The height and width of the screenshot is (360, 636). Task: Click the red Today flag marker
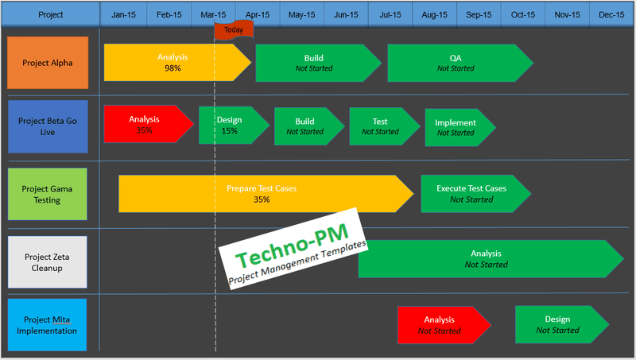coord(233,29)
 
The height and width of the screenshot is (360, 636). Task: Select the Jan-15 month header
coord(122,14)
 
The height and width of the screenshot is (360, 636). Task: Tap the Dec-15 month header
coord(611,14)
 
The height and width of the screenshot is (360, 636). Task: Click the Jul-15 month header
coord(390,14)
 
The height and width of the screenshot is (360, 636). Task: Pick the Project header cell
coord(50,14)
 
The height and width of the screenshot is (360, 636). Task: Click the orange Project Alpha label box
coord(47,63)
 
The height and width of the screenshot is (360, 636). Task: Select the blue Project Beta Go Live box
coord(47,126)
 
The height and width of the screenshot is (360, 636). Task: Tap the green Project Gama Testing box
coord(47,195)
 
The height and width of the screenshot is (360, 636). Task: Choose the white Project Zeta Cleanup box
coord(47,262)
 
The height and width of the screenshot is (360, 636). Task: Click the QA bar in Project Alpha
coord(456,63)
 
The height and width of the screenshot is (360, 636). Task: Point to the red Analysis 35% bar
coord(145,125)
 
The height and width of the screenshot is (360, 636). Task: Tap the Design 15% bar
coord(230,126)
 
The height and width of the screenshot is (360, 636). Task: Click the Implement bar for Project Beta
coord(456,127)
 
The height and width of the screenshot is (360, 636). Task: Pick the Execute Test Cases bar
coord(471,194)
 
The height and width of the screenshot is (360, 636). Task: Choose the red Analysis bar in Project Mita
coord(440,325)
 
